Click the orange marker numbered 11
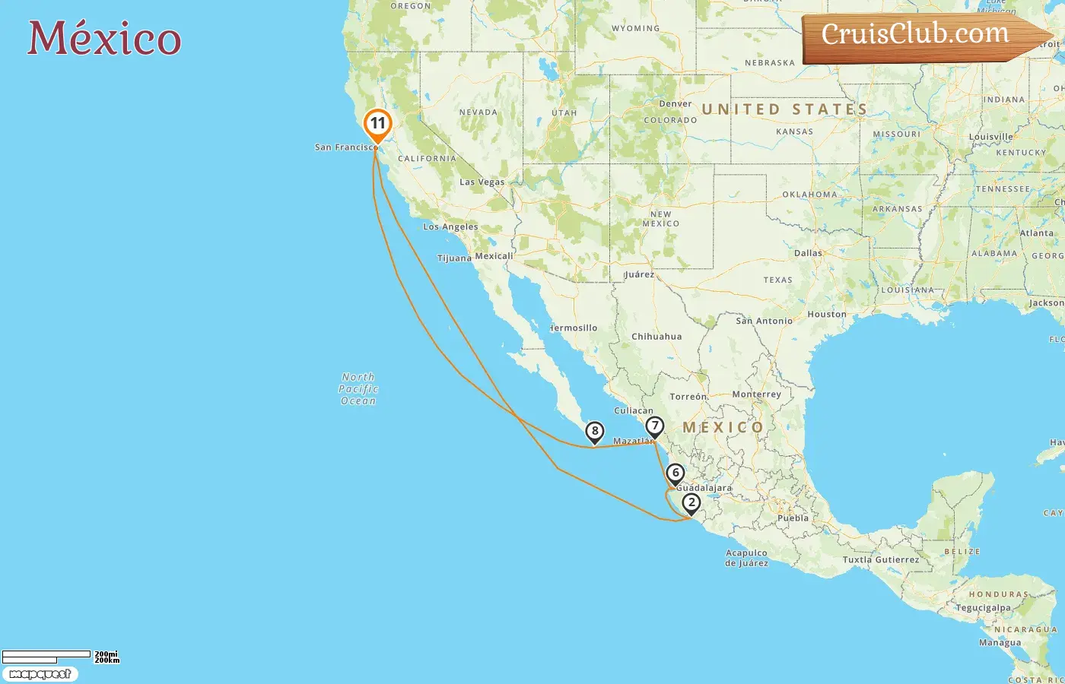coord(377,124)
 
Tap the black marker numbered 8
coord(594,432)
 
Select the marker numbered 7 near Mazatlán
coord(654,426)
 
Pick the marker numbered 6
coord(675,473)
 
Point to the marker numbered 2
coord(691,502)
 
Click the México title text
coord(104,38)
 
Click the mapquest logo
coord(40,674)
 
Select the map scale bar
coord(47,656)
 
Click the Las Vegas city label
coord(482,182)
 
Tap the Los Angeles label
coord(450,226)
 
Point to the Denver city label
coord(676,104)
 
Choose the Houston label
coord(826,314)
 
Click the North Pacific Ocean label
coord(358,388)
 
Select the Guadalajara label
coord(704,488)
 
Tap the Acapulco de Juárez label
coord(746,558)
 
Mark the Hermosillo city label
coord(574,328)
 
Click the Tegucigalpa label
coord(984,608)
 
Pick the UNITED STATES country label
coord(784,109)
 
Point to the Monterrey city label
coord(756,394)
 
